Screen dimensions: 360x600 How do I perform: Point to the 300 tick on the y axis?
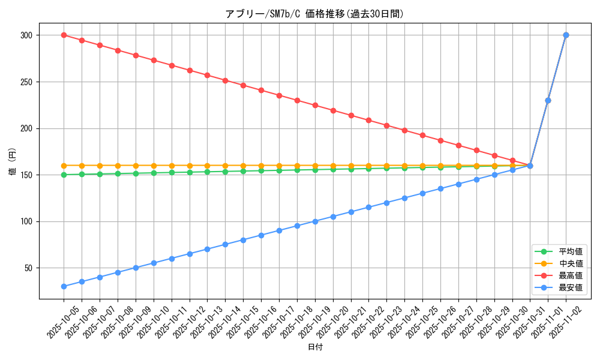coord(26,35)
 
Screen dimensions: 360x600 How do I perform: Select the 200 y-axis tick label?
coord(26,128)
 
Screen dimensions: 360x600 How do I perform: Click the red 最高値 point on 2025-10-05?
coord(64,35)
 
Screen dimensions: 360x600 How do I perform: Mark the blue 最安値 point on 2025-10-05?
coord(64,286)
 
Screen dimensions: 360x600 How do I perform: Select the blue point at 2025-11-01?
coord(548,100)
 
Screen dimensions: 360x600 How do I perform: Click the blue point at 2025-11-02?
coord(566,35)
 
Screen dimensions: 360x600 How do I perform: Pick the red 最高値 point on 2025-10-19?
coord(315,105)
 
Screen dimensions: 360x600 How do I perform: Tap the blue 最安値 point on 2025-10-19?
coord(315,221)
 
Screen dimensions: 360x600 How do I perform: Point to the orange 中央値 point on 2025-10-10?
coord(154,166)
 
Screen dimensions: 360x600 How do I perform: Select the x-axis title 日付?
coord(315,347)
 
